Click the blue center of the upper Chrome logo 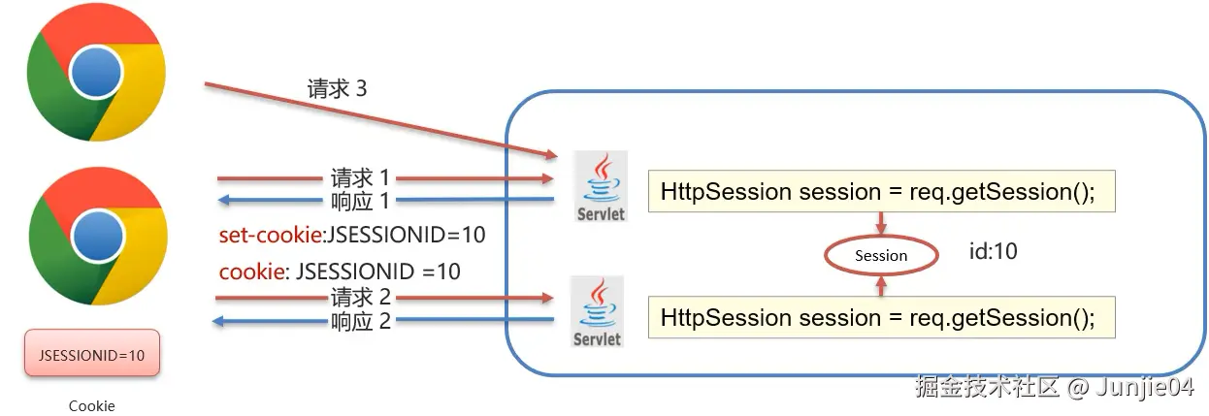pos(97,73)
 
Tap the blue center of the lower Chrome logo pos(98,237)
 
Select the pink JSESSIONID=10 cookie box pos(92,353)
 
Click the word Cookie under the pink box pos(92,405)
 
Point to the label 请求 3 pos(338,88)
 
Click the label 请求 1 pos(360,177)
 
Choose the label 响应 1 pos(360,202)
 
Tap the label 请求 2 pos(361,297)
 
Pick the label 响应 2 pos(361,322)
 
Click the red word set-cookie pos(271,235)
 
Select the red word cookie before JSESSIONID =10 pos(251,272)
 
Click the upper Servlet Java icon pos(601,186)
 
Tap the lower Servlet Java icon pos(598,311)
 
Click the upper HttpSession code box pos(881,191)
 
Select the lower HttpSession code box pos(881,317)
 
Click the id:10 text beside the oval pos(994,251)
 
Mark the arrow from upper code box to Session pos(881,223)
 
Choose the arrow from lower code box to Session pos(881,286)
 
